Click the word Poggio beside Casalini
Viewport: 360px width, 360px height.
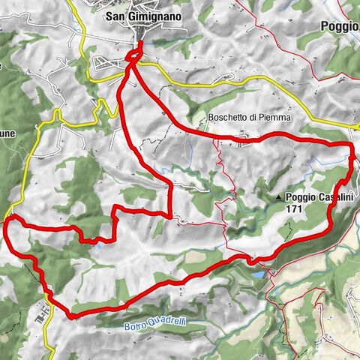tap(304, 197)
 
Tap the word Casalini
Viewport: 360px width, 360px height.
tap(338, 197)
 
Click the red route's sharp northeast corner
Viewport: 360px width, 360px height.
tap(352, 145)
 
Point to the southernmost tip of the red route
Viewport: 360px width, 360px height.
tap(72, 316)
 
